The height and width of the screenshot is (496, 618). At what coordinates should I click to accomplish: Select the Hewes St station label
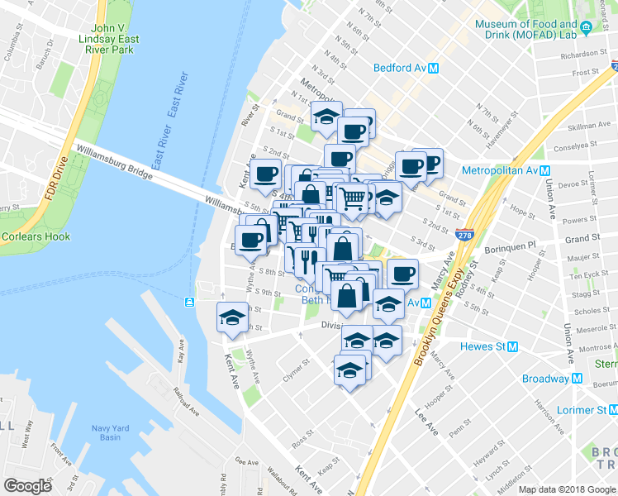coord(488,346)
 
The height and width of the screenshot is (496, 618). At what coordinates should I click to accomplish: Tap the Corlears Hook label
coord(29,236)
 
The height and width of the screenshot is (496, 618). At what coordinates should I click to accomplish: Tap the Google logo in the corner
coord(28,485)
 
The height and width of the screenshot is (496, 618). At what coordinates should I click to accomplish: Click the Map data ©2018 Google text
coord(568,489)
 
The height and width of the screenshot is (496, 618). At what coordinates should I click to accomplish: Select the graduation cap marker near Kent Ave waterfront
coord(232,317)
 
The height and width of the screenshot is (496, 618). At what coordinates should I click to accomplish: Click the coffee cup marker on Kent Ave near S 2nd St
coord(266,174)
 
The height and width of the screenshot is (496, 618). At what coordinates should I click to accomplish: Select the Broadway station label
coord(546,379)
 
